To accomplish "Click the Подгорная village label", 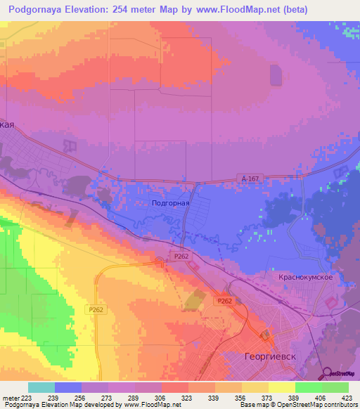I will (171, 202).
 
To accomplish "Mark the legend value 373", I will (268, 398).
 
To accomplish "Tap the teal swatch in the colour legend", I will (41, 387).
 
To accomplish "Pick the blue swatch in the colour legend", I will (68, 387).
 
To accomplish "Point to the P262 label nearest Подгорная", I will (180, 257).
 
